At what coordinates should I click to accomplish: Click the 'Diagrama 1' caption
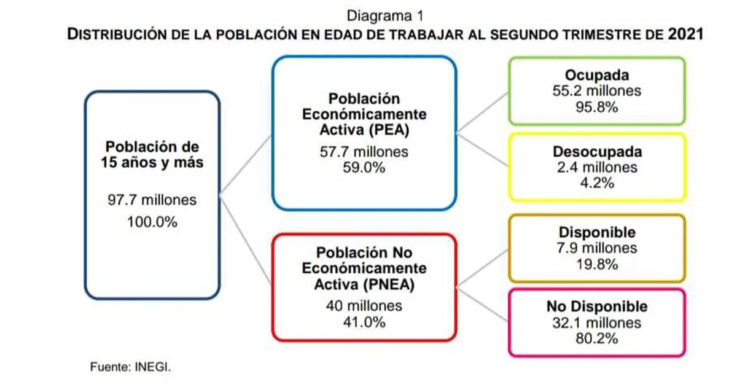coord(385,16)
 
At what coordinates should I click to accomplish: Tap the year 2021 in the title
coord(685,34)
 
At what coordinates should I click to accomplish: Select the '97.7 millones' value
coord(152,200)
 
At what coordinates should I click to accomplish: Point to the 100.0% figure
coord(152,222)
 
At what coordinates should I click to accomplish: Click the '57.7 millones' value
coord(364,152)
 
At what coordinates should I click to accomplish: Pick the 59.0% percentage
coord(364,168)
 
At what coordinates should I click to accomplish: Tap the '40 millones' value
coord(364,306)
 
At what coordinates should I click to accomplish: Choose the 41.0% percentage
coord(364,322)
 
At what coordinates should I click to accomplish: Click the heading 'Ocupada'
coord(597,75)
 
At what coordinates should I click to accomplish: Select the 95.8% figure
coord(597,107)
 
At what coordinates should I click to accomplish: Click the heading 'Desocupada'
coord(597,152)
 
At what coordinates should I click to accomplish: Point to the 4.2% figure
coord(597,182)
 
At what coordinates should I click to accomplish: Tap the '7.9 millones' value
coord(597,248)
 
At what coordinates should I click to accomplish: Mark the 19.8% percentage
coord(597,264)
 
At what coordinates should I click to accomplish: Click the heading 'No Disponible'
coord(597,307)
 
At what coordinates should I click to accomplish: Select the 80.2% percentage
coord(597,338)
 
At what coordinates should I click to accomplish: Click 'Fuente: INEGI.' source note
coord(131,367)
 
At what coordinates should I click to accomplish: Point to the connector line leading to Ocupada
coord(482,113)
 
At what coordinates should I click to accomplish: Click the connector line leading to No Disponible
coord(482,305)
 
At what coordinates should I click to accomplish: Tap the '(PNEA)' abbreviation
coord(389,284)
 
